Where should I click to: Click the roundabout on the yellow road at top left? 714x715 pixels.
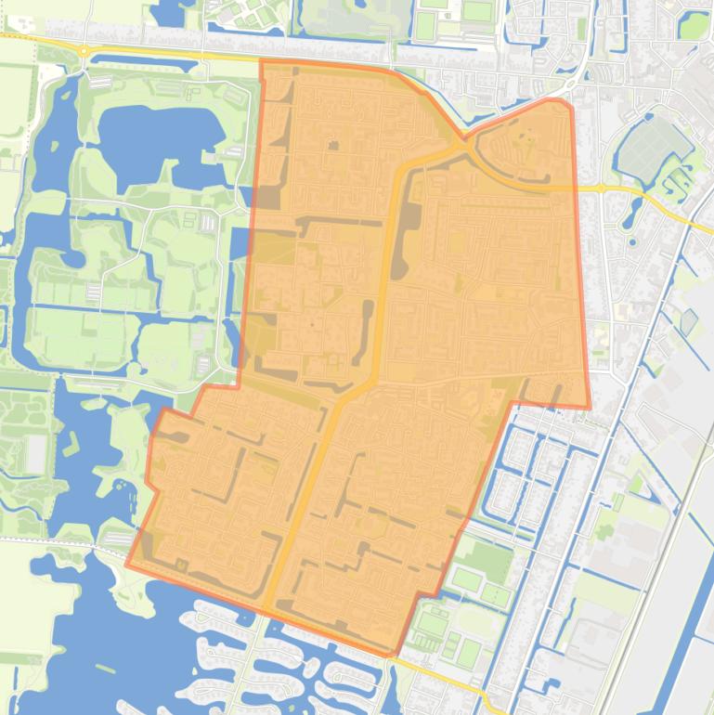83,51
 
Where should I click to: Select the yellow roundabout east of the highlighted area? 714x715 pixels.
601,188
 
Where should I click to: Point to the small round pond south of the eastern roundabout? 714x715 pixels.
632,242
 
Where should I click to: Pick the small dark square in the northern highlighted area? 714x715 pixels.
332,146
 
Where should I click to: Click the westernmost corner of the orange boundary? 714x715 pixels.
127,564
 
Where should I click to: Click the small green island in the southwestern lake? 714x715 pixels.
105,668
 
